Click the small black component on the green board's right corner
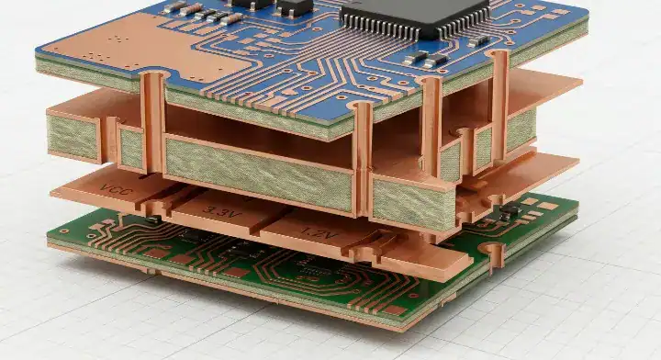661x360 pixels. pos(509,212)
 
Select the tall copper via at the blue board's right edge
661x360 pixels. pos(499,101)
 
